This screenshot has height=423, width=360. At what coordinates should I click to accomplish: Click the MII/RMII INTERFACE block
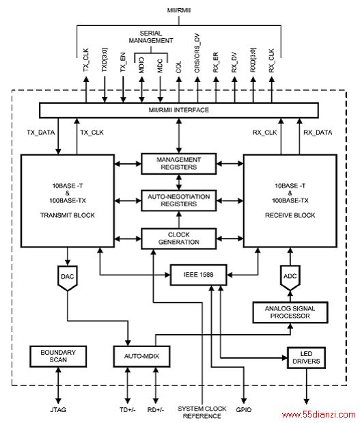(179, 110)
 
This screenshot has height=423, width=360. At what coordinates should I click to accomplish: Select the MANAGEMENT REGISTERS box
(179, 163)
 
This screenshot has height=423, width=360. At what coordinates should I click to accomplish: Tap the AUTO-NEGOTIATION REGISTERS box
(179, 200)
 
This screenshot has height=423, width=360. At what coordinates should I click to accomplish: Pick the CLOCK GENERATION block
(179, 238)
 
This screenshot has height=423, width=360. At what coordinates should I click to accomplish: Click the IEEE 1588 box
(199, 275)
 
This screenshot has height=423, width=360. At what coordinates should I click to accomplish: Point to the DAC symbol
(68, 278)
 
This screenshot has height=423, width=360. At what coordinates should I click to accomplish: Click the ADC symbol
(290, 278)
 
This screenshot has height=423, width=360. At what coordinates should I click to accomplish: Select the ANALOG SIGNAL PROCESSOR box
(290, 312)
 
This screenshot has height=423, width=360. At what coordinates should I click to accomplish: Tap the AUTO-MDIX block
(141, 356)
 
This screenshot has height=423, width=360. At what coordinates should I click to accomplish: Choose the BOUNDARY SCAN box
(58, 356)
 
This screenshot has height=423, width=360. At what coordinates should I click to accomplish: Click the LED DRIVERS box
(306, 357)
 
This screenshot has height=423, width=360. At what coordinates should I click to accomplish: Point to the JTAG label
(58, 410)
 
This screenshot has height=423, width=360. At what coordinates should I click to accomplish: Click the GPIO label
(243, 410)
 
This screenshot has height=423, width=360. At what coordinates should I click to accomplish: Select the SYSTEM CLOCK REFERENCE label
(202, 413)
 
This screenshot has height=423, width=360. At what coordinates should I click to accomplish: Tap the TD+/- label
(128, 410)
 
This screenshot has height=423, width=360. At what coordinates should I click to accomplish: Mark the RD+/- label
(156, 410)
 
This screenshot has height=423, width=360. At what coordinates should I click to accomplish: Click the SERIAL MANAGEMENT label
(151, 37)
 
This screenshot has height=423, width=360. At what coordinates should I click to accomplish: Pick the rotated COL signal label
(178, 67)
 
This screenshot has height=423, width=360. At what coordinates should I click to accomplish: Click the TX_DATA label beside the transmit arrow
(41, 133)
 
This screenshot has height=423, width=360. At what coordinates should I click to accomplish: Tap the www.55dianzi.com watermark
(318, 415)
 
